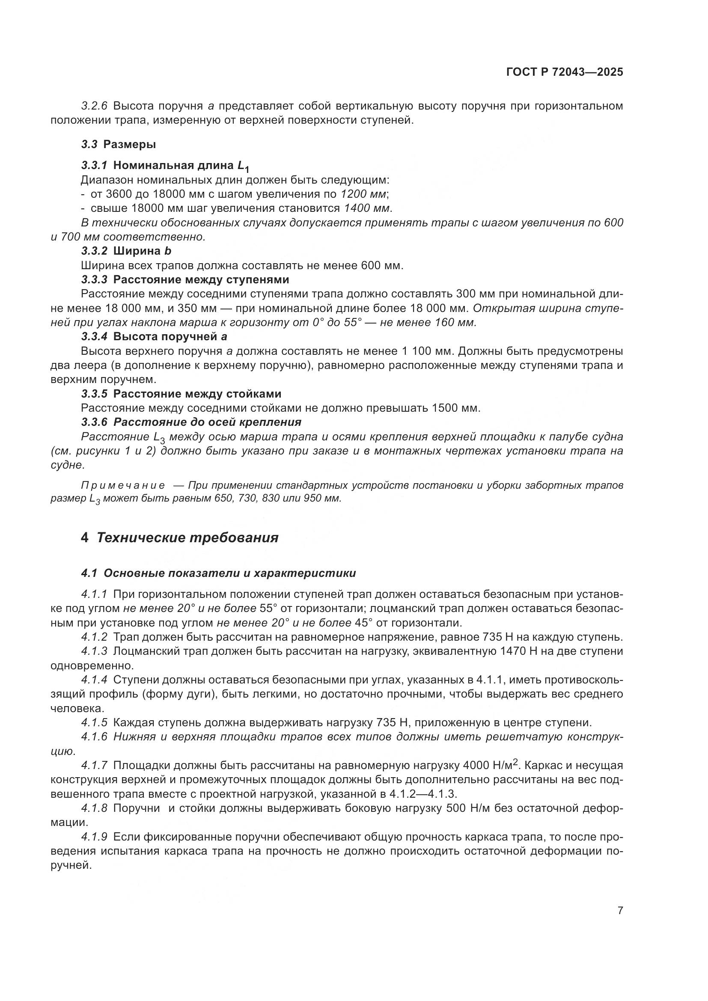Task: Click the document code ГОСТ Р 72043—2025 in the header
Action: pos(565,72)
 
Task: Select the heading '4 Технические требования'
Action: pos(180,538)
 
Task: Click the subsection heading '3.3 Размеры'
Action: pos(119,144)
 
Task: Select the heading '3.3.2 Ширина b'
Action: pos(126,251)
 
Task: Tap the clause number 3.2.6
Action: pos(94,106)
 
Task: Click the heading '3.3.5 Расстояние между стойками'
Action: pos(181,394)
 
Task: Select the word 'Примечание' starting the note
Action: pos(123,486)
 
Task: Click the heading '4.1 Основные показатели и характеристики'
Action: pos(218,573)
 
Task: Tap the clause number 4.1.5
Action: pos(94,723)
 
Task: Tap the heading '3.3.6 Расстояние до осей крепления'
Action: pos(191,422)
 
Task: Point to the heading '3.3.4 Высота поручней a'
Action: pos(155,336)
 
